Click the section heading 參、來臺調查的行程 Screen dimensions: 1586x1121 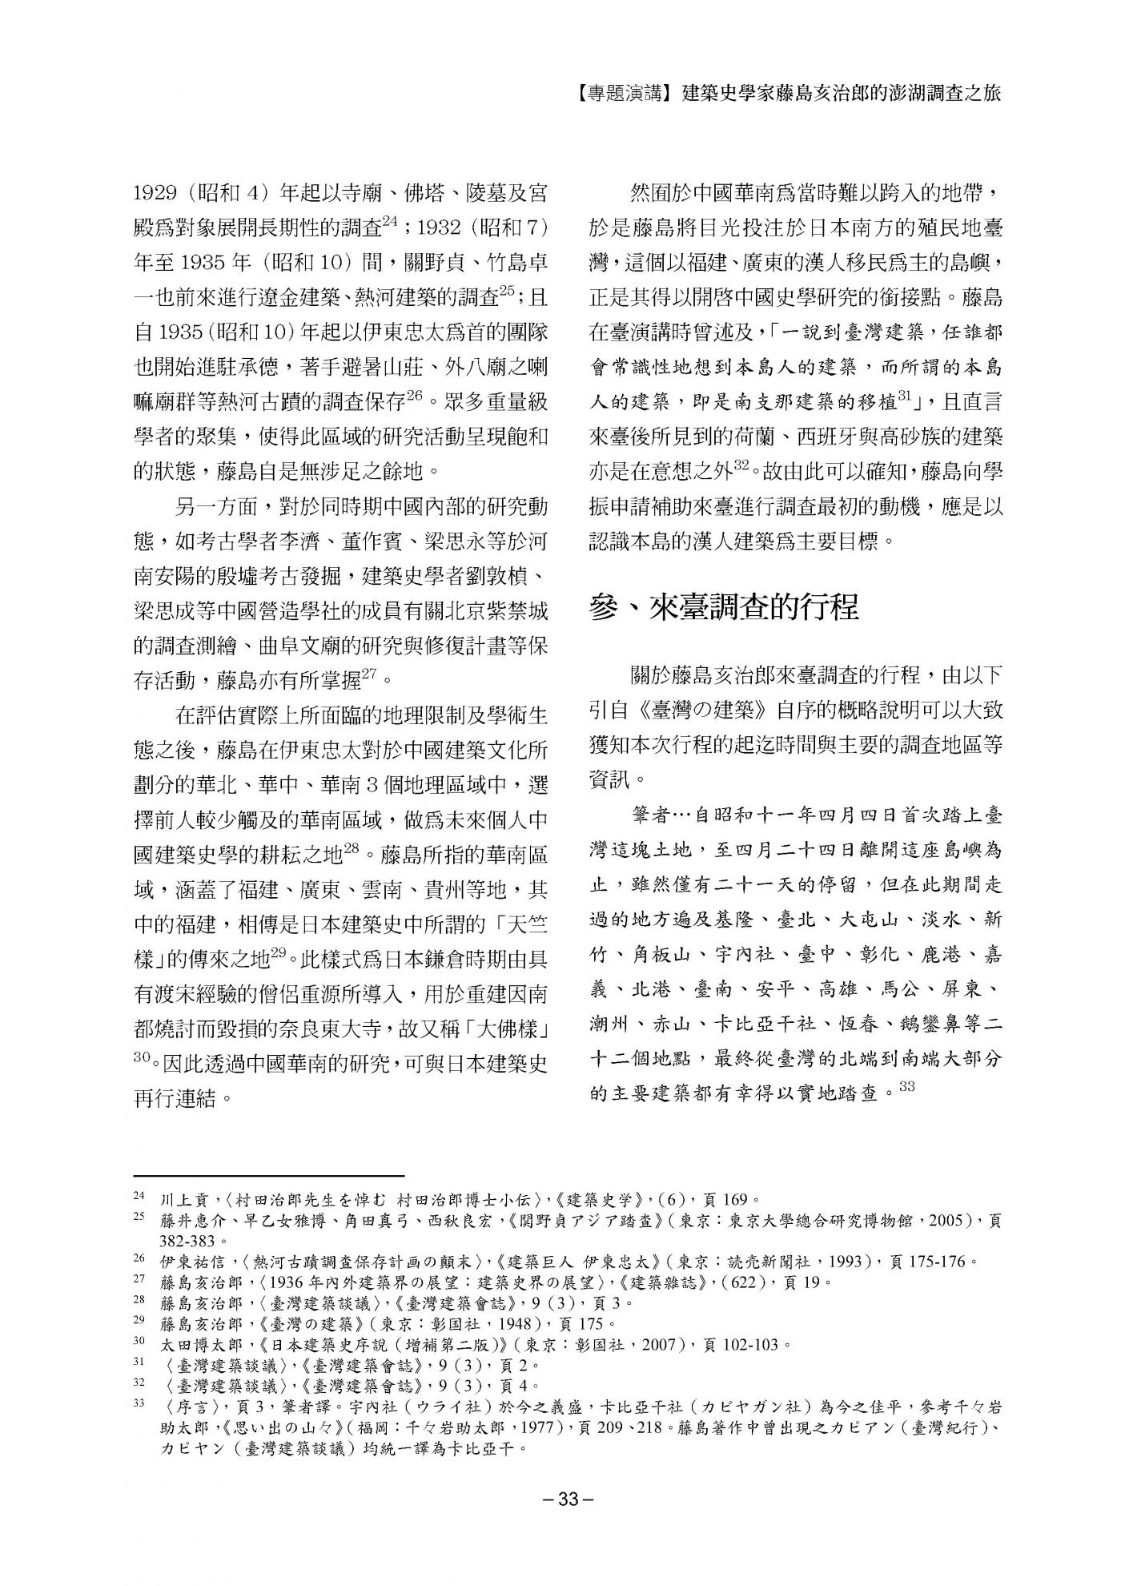(x=724, y=608)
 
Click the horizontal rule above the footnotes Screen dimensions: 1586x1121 (x=268, y=1173)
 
